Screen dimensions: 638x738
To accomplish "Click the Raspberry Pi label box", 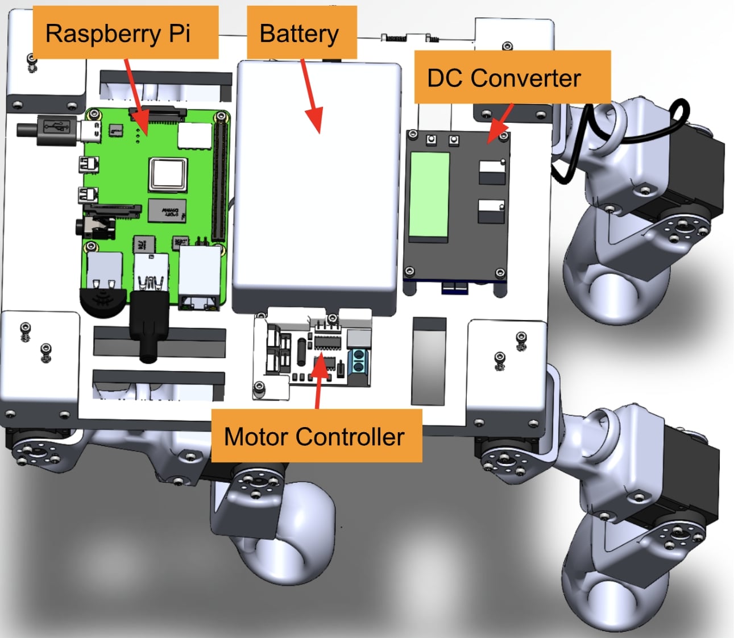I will (125, 33).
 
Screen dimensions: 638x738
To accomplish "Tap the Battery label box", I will (301, 33).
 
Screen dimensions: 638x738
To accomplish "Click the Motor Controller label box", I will (316, 436).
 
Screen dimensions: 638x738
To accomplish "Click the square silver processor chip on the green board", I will (168, 174).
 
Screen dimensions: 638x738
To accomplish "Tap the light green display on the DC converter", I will (429, 195).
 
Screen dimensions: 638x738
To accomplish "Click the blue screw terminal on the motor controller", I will (358, 362).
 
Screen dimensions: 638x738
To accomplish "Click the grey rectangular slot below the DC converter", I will (429, 361).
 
